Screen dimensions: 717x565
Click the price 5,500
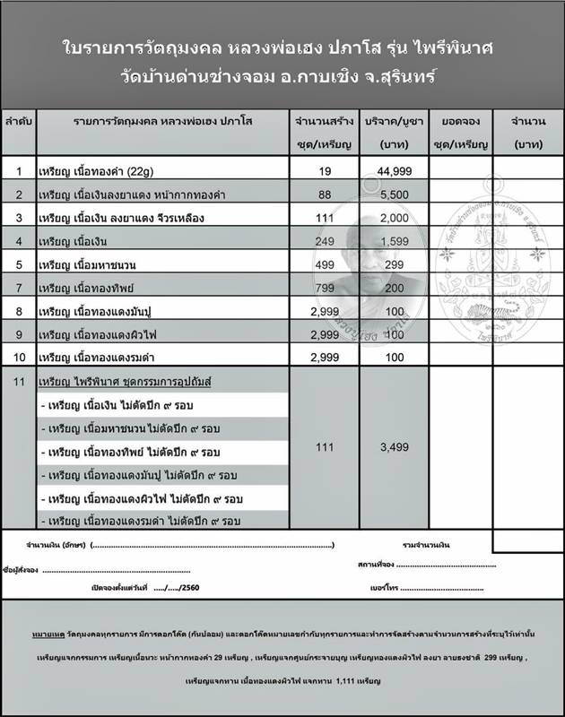pyautogui.click(x=388, y=194)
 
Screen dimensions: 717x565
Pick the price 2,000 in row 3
pyautogui.click(x=388, y=218)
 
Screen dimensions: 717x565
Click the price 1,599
pyautogui.click(x=388, y=241)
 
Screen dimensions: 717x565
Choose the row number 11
pyautogui.click(x=19, y=382)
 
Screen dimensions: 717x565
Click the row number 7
pyautogui.click(x=19, y=288)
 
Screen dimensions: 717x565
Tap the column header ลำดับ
pyautogui.click(x=19, y=119)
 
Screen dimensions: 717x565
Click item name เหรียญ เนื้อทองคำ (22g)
pyautogui.click(x=99, y=170)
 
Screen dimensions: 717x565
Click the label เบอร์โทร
pyautogui.click(x=383, y=587)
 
